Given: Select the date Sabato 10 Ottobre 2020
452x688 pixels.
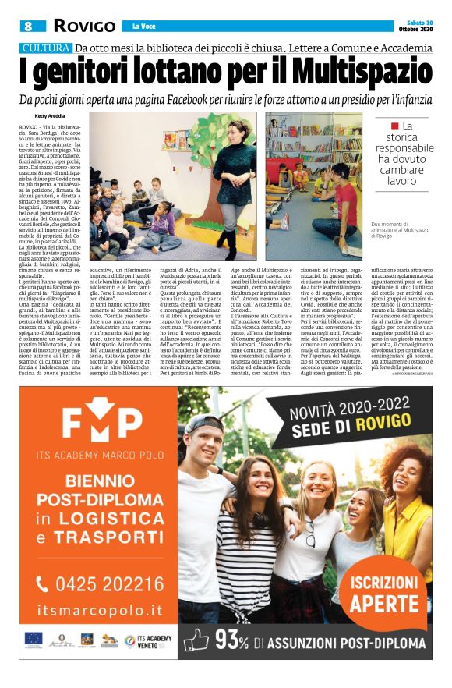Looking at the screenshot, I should click(418, 26).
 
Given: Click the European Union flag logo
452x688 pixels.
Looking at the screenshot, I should click(33, 638).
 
